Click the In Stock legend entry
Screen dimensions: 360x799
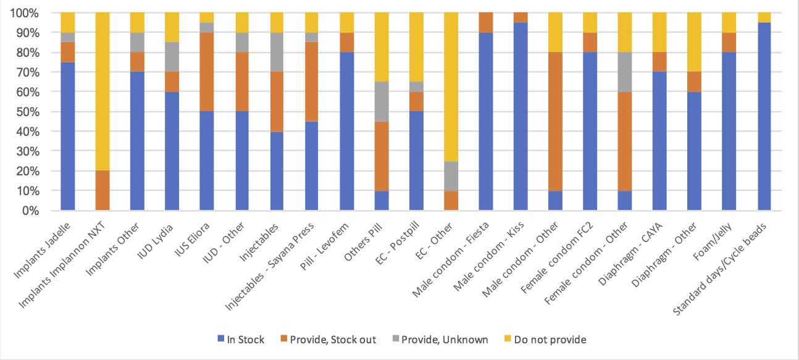241,340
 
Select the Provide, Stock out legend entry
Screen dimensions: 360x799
330,340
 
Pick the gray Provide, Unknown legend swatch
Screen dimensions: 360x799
398,340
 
